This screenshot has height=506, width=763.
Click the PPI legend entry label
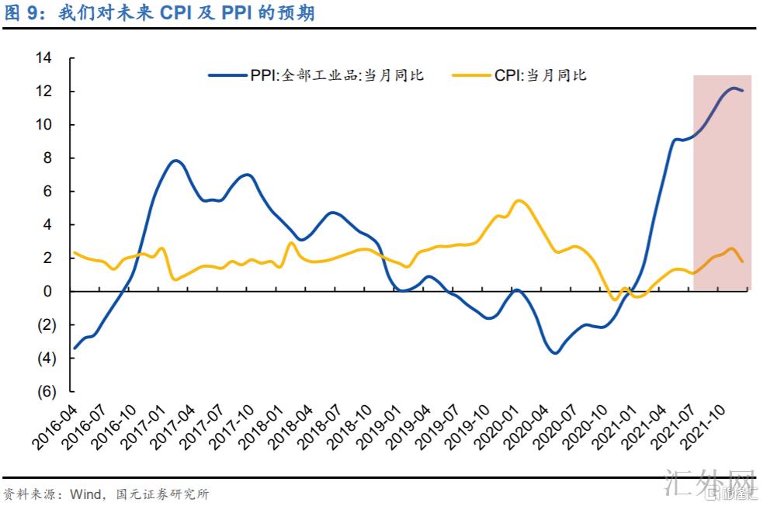[x=337, y=75]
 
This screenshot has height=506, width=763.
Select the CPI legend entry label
[x=540, y=75]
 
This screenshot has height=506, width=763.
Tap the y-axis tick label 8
[x=47, y=158]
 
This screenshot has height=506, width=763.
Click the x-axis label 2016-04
[x=57, y=426]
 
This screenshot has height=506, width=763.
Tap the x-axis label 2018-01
[x=262, y=426]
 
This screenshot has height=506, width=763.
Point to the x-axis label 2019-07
[x=439, y=426]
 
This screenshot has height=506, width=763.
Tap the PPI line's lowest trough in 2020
[x=555, y=353]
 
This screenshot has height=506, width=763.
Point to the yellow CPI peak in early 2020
[x=518, y=201]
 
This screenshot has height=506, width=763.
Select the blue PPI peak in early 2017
[x=175, y=161]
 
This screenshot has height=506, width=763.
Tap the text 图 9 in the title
[x=24, y=14]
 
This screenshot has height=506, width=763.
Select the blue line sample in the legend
[x=227, y=75]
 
